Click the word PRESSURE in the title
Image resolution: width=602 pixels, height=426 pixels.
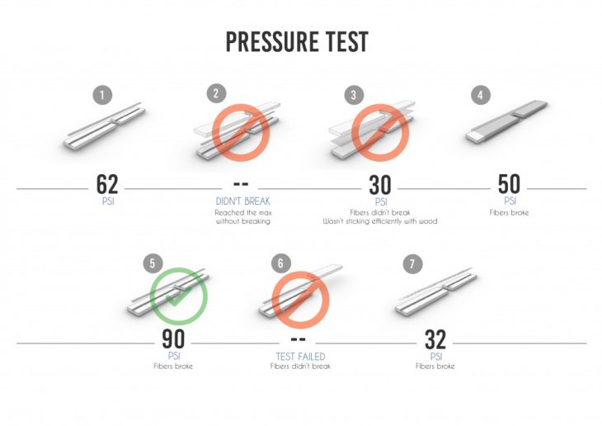pos(272,41)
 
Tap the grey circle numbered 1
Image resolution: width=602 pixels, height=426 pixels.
pos(102,95)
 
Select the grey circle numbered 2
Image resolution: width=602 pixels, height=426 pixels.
pos(216,93)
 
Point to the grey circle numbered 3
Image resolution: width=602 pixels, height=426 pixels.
pos(354,95)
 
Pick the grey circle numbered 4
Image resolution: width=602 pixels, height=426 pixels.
pos(480,94)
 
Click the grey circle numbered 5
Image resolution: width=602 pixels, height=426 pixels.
pos(153,263)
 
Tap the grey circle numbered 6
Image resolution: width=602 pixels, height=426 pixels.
pos(280,263)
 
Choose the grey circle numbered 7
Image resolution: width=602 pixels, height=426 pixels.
pos(412,263)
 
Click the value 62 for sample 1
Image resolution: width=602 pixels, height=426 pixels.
pos(107,184)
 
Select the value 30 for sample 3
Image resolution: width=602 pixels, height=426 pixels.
pos(379,185)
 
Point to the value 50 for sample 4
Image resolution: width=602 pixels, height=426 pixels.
pos(509,184)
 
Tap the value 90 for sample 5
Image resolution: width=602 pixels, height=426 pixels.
pos(173,338)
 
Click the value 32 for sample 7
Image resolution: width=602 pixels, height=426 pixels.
pos(435,339)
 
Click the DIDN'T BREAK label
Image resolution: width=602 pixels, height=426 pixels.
pos(242,201)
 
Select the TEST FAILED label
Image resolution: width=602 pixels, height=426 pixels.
pos(300,357)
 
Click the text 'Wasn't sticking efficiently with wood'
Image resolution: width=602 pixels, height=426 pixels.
pos(379,221)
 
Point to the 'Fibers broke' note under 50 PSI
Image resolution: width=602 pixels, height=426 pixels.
pos(509,213)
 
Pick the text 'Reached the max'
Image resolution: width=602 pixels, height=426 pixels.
pos(243,213)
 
